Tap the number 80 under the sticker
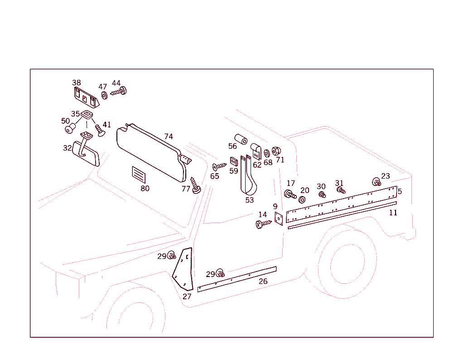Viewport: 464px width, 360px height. pyautogui.click(x=145, y=189)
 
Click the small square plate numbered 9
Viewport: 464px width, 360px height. pyautogui.click(x=279, y=219)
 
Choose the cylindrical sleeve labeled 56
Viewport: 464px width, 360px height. pyautogui.click(x=240, y=139)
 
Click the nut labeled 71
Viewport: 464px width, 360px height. pyautogui.click(x=277, y=151)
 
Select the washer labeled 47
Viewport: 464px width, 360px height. pyautogui.click(x=104, y=95)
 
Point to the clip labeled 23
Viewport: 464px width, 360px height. pyautogui.click(x=376, y=182)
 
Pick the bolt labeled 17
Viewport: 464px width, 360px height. pyautogui.click(x=290, y=195)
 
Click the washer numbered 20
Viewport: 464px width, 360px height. pyautogui.click(x=302, y=199)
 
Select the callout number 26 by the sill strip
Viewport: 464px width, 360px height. pyautogui.click(x=263, y=282)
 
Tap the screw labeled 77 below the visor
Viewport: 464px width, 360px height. pyautogui.click(x=195, y=186)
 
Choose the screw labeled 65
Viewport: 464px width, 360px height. pyautogui.click(x=219, y=166)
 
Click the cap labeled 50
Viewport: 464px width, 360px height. pyautogui.click(x=69, y=130)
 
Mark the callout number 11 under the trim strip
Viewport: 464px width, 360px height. pyautogui.click(x=393, y=213)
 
